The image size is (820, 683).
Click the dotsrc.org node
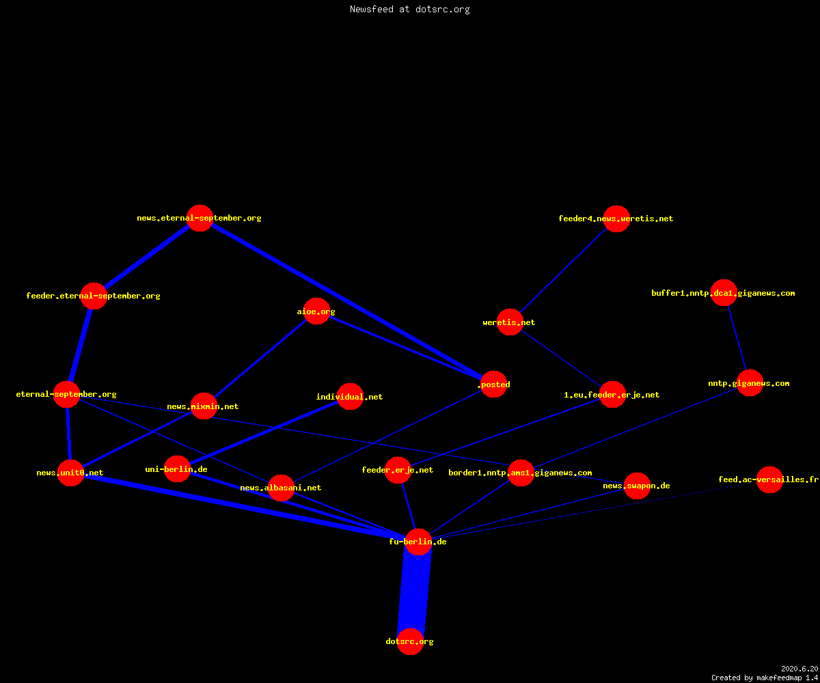411,641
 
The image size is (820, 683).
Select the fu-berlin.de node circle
419,542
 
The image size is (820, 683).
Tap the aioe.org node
316,311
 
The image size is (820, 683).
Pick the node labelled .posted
493,385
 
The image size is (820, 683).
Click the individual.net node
351,396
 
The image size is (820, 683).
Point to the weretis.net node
510,322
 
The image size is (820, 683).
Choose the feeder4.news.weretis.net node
616,219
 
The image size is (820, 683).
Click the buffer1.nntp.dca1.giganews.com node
724,293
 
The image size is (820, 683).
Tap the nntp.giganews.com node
750,383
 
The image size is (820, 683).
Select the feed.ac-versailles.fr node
769,479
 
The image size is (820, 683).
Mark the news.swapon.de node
638,486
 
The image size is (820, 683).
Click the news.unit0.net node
70,473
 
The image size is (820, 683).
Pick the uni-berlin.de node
178,469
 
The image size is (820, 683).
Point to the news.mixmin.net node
204,406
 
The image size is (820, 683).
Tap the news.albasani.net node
281,488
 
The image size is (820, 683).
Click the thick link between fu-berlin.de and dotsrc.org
414,591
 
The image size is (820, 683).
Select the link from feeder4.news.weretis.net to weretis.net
564,270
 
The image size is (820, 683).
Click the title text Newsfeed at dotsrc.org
409,10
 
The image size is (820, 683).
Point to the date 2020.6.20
799,669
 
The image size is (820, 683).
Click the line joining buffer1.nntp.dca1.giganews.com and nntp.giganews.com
737,338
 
